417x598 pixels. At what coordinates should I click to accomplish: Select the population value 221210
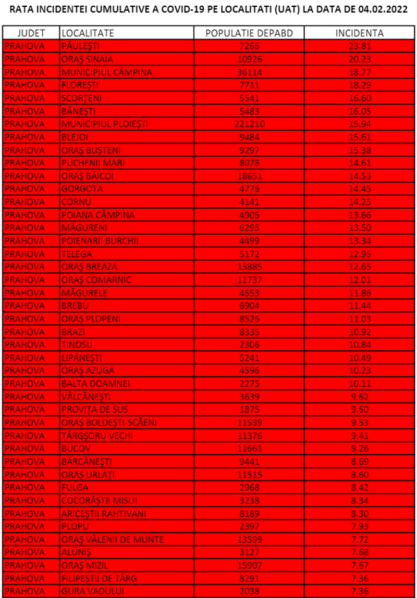249,124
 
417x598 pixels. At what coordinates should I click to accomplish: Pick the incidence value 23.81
360,46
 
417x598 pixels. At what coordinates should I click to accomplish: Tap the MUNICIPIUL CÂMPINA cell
107,72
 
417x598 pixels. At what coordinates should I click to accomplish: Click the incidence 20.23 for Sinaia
360,59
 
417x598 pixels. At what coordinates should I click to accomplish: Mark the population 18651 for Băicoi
249,176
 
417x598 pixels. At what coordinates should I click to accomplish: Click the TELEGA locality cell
77,254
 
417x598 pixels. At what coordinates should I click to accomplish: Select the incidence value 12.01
360,280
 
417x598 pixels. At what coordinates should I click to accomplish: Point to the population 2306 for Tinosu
249,345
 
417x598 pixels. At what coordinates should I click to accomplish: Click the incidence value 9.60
360,410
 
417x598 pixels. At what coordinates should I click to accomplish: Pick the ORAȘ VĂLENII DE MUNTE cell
113,540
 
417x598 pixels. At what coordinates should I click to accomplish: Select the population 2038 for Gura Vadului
249,591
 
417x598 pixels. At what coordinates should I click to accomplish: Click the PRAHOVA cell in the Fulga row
31,488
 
